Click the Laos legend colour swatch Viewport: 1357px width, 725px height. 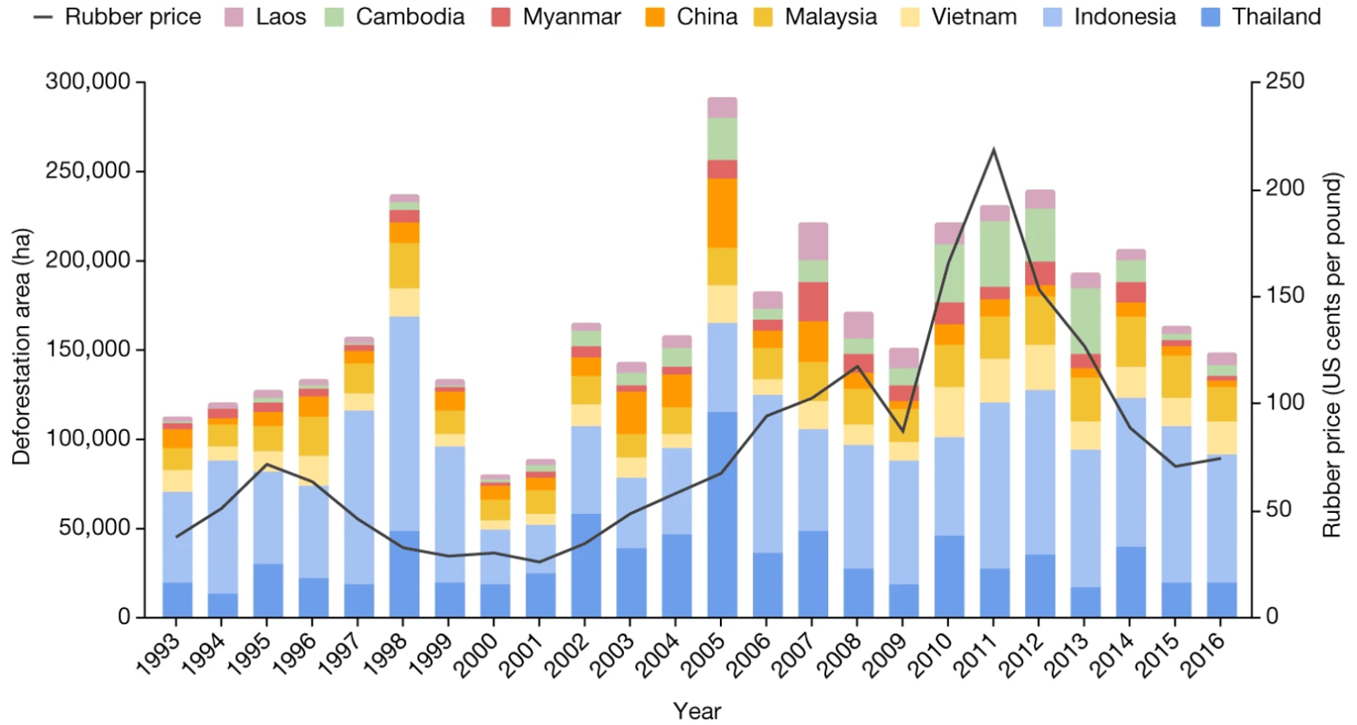pyautogui.click(x=234, y=17)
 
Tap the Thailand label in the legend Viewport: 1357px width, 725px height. pyautogui.click(x=1276, y=17)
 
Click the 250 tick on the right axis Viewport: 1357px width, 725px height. pyautogui.click(x=1285, y=82)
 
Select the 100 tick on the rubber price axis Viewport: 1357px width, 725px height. pyautogui.click(x=1285, y=402)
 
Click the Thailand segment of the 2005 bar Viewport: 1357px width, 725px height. pyautogui.click(x=722, y=515)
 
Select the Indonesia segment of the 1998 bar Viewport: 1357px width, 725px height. pyautogui.click(x=404, y=423)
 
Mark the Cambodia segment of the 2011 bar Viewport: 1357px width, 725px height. pyautogui.click(x=994, y=254)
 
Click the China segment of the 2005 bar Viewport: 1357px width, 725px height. pyautogui.click(x=722, y=213)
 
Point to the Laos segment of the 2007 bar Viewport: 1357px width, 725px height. pyautogui.click(x=812, y=241)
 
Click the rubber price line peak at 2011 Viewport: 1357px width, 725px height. pyautogui.click(x=994, y=150)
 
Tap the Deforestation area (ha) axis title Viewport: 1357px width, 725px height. pyautogui.click(x=22, y=346)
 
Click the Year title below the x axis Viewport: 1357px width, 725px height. pyautogui.click(x=696, y=711)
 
